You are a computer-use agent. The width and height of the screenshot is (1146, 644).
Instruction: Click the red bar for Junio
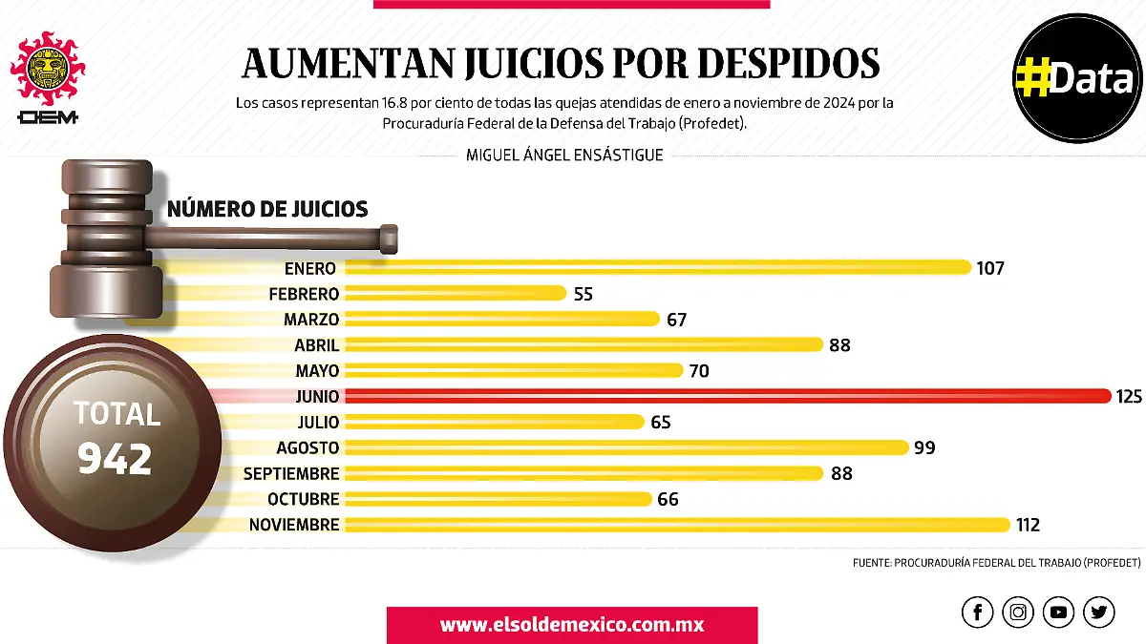point(726,396)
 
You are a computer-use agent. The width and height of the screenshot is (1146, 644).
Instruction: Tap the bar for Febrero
point(456,294)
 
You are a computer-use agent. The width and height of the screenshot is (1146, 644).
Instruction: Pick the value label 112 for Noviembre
point(1028,525)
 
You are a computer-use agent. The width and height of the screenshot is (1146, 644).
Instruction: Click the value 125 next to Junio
point(1128,396)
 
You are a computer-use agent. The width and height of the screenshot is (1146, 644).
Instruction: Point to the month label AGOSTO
point(308,447)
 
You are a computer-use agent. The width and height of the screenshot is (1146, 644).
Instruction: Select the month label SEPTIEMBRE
point(291,473)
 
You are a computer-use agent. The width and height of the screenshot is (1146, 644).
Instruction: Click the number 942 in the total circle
point(115,460)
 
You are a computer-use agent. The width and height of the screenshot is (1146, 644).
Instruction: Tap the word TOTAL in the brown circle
point(117,414)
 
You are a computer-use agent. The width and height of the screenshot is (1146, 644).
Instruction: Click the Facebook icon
point(977,612)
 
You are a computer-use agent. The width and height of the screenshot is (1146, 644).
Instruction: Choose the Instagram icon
point(1019,612)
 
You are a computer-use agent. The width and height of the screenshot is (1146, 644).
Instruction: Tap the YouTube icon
point(1058,612)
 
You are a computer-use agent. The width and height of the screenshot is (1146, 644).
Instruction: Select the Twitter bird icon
point(1099,612)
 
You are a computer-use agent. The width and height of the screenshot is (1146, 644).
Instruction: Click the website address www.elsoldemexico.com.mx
point(572,625)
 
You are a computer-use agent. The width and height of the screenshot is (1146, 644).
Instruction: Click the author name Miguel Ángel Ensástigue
point(564,155)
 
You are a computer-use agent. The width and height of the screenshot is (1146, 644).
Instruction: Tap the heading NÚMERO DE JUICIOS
point(267,209)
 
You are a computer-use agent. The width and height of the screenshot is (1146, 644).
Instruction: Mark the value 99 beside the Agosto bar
point(923,447)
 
